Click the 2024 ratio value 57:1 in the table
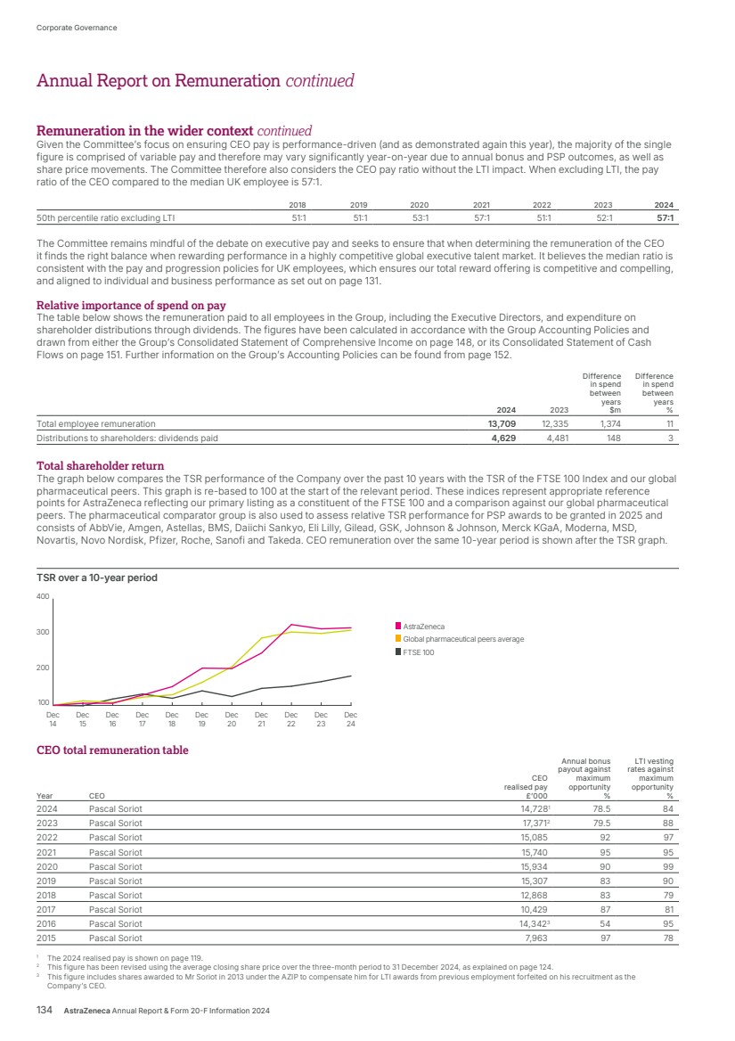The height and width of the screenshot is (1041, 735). pos(664,217)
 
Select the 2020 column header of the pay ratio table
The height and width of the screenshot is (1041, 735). pos(419,202)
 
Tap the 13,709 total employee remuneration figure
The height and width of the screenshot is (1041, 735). pos(503,424)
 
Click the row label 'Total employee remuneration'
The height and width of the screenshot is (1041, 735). pos(95,424)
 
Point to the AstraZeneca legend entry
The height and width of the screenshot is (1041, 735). pos(423,627)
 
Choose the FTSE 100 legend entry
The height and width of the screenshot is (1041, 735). pos(419,652)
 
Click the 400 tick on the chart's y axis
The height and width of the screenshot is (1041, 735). pos(43,595)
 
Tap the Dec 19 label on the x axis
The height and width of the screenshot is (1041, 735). pos(201,718)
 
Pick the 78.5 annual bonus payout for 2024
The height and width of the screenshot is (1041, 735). pos(599,808)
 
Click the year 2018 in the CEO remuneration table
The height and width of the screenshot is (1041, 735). pos(46,895)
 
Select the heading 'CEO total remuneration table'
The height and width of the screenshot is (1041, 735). pos(112,750)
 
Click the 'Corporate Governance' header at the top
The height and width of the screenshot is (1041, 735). pos(77,28)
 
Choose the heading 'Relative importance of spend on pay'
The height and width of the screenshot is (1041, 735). pos(131,305)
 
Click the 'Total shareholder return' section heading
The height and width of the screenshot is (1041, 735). pos(100,466)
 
